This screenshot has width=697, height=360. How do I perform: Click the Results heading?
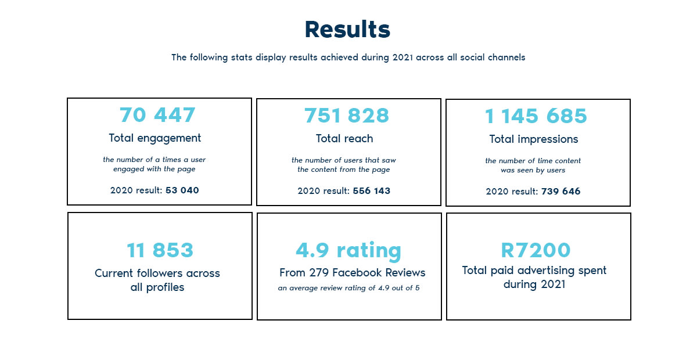347,30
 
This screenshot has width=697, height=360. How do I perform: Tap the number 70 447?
157,115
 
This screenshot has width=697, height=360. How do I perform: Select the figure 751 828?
347,116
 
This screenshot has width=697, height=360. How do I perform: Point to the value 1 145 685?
536,116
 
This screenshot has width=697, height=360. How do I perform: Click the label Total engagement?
155,138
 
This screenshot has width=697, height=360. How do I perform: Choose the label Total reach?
344,139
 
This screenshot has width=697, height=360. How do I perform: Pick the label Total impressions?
534,139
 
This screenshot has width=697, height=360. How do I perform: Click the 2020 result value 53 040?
182,190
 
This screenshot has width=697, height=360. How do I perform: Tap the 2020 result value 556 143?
371,190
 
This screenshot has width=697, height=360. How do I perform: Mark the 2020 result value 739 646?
561,191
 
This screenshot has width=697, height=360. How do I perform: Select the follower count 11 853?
160,250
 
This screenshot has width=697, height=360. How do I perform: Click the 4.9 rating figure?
348,250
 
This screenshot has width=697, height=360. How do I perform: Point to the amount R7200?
536,250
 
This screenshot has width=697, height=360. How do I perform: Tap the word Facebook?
357,272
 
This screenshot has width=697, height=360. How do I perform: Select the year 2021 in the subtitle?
403,57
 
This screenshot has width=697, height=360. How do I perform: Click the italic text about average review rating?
348,288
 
